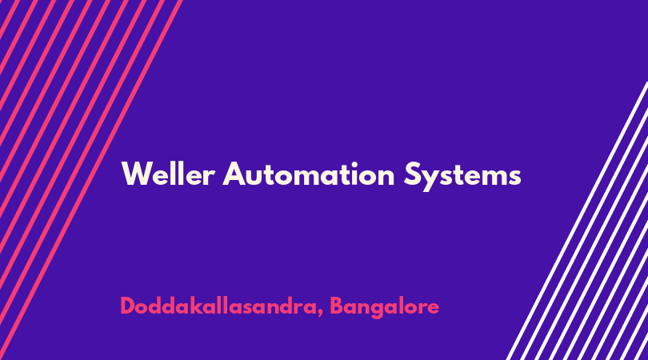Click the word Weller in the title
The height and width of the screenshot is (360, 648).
click(x=168, y=174)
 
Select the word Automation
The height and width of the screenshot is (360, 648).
click(x=309, y=174)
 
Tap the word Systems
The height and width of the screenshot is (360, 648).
click(x=462, y=176)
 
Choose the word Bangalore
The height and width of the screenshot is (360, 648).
click(x=384, y=307)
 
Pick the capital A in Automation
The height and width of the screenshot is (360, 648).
click(x=234, y=174)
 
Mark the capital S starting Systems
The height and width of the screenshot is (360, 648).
click(x=412, y=174)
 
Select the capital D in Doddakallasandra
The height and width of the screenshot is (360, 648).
click(x=129, y=306)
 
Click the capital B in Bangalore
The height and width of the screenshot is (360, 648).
click(x=338, y=306)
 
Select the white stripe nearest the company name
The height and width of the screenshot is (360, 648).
click(x=577, y=221)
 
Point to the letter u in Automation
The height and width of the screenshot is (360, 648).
click(x=257, y=177)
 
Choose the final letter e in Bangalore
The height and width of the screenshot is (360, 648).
click(x=433, y=308)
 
